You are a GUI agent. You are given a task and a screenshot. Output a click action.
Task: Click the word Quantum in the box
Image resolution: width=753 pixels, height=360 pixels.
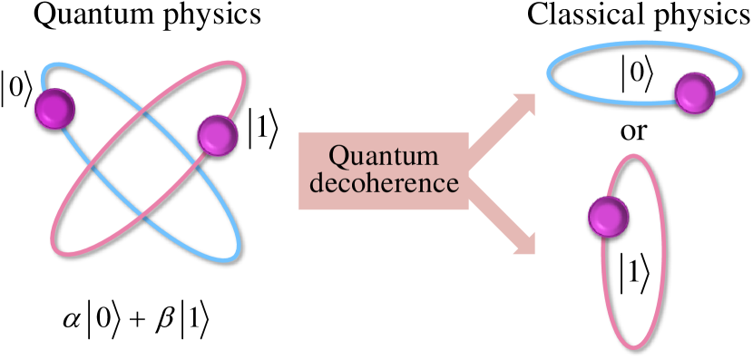point(383,156)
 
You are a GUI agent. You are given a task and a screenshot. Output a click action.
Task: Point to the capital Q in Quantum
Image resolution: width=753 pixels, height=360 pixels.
point(338,156)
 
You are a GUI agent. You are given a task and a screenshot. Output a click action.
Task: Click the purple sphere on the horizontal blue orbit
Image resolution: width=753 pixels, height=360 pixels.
point(695,93)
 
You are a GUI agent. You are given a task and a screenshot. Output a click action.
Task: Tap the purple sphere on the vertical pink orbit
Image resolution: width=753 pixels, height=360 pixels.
point(608,217)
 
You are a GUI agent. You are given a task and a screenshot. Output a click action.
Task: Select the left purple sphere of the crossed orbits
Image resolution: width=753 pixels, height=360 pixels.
point(54,108)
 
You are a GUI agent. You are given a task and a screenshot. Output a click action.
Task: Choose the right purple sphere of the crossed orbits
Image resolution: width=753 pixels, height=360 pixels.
point(218,135)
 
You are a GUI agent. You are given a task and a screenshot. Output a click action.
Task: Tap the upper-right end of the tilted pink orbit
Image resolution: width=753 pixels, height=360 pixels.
point(238,68)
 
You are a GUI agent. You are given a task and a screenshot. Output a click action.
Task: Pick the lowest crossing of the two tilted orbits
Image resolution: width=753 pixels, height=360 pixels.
point(145,213)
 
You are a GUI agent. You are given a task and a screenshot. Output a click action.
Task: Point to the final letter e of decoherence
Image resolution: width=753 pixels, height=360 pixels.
point(452,185)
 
